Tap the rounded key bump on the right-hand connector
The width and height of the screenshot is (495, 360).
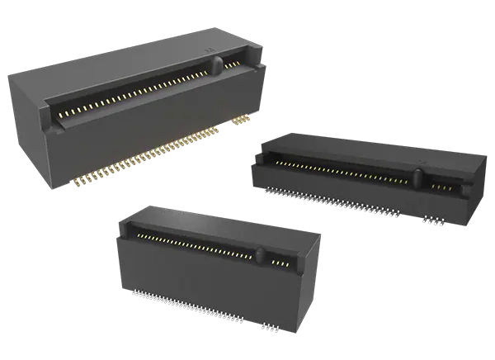click(417, 177)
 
